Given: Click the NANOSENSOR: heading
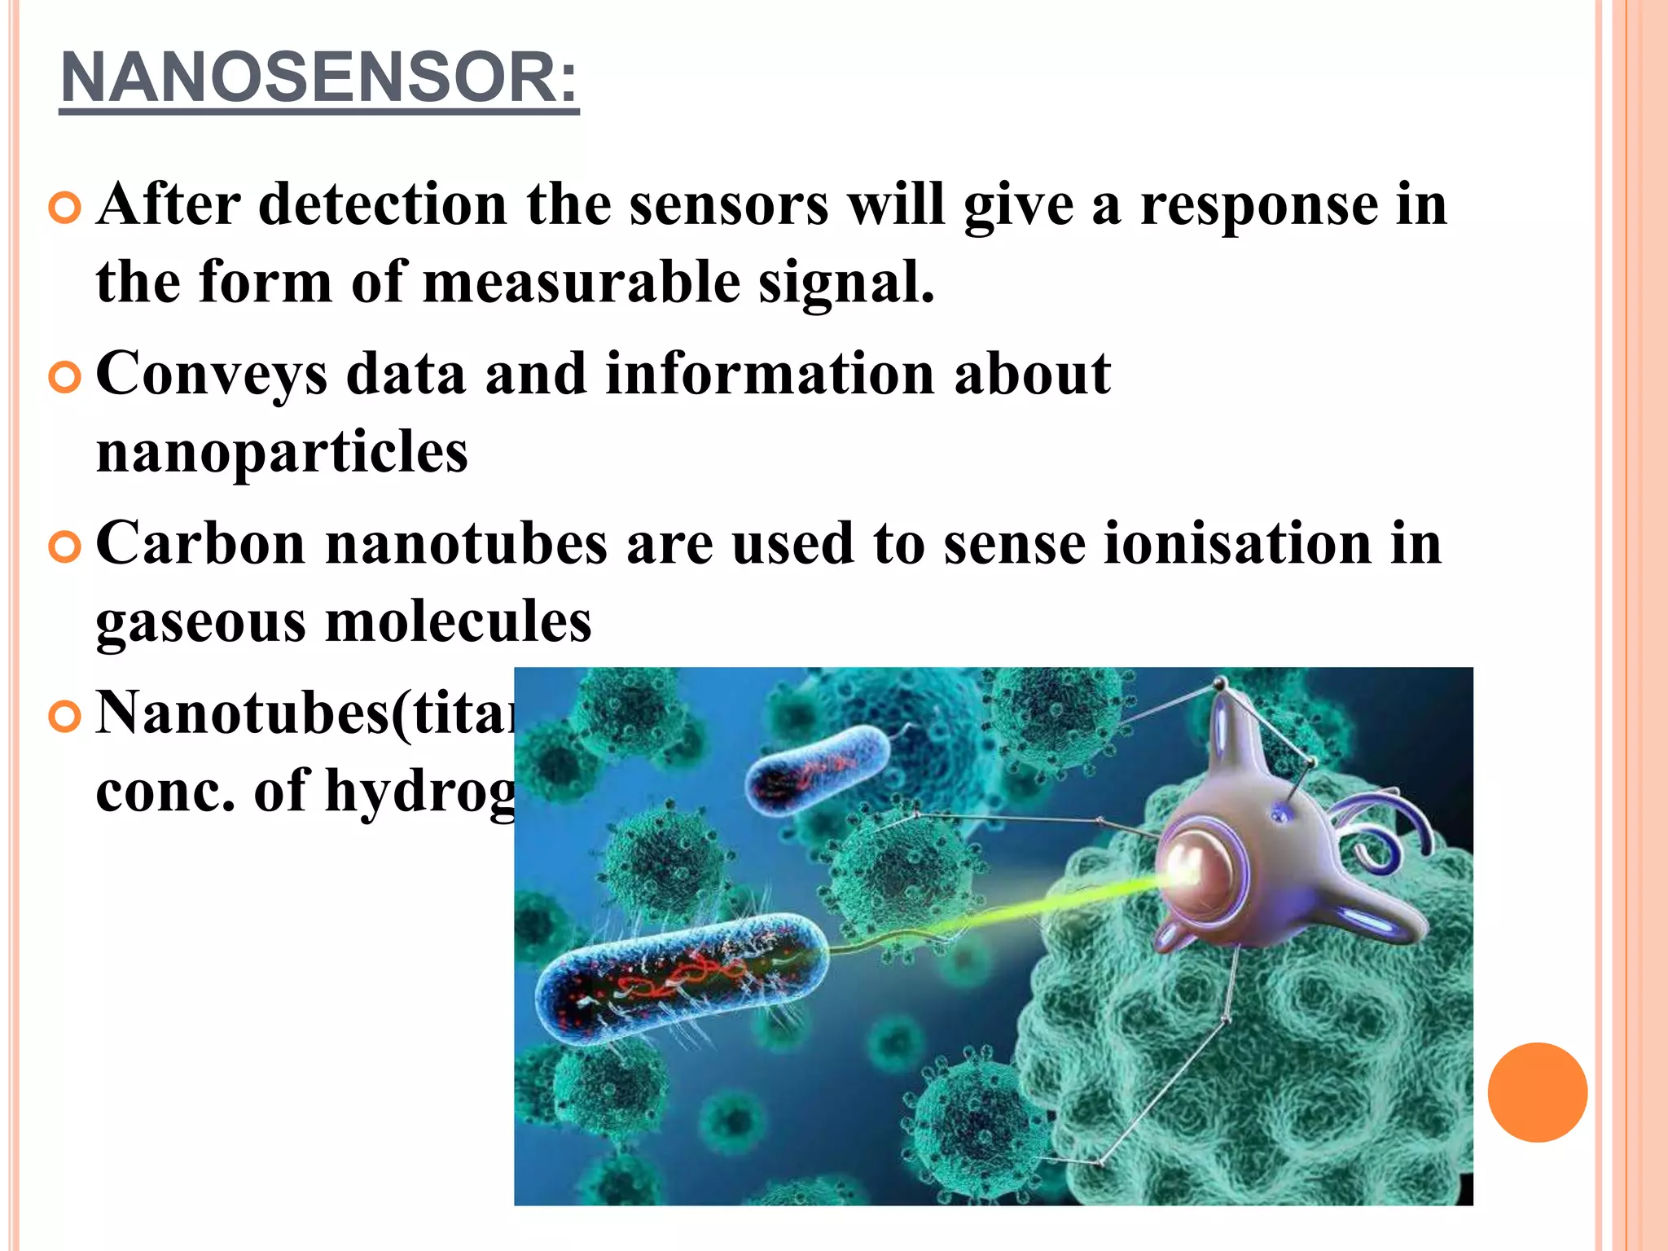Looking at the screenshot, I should (x=319, y=78).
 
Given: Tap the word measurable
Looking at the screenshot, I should (x=582, y=283).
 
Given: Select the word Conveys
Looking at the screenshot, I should (x=212, y=375).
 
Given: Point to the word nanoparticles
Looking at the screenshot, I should (x=282, y=452).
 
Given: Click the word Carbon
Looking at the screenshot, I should (x=200, y=543).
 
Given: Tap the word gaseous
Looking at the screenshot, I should (x=200, y=623).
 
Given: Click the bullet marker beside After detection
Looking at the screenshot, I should (x=64, y=208).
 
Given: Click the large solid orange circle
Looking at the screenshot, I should (x=1537, y=1092).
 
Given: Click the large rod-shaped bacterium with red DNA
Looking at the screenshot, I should (x=680, y=977).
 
